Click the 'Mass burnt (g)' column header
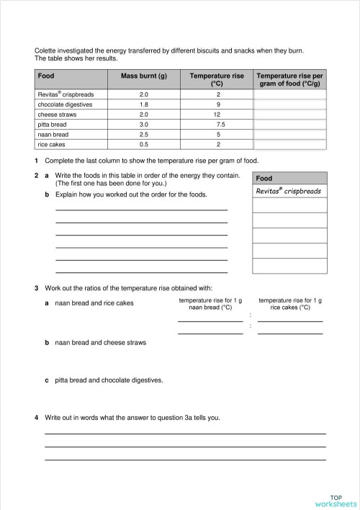pos(143,76)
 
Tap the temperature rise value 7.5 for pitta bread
pos(217,124)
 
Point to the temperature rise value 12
pos(217,115)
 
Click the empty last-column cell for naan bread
pos(289,134)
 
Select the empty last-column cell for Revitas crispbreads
pos(289,94)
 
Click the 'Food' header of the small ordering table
pos(264,178)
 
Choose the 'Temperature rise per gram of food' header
pos(289,79)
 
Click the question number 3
pos(37,289)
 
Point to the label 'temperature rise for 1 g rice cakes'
pos(289,303)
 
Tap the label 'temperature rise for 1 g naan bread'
pos(210,303)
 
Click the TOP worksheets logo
pos(336,501)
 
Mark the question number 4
pos(37,417)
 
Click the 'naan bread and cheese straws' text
pos(100,342)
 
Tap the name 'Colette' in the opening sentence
pos(46,50)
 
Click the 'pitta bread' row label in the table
pos(52,124)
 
